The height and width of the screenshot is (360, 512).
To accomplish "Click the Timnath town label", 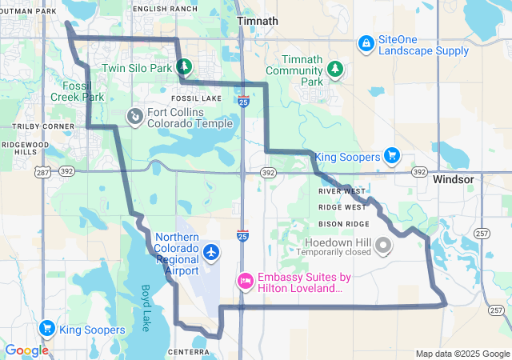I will click(x=258, y=22).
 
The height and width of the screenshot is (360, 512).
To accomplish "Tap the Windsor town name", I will click(x=454, y=179).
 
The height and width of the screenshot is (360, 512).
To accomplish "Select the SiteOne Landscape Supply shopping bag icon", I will click(x=366, y=42).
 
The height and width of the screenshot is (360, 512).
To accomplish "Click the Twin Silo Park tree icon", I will click(x=182, y=68).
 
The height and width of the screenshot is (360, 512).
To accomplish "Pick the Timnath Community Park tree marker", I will click(x=336, y=70).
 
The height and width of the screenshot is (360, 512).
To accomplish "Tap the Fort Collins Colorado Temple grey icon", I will click(x=135, y=117).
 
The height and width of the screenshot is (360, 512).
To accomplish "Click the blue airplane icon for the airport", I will click(x=211, y=253).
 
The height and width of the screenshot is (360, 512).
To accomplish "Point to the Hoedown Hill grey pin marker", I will click(x=383, y=245).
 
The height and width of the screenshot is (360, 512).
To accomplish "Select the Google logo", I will click(x=26, y=350).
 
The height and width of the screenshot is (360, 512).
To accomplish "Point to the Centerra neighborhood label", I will click(x=190, y=351).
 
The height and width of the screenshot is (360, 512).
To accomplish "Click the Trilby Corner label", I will click(x=38, y=126).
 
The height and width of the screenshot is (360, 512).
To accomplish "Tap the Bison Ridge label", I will click(x=344, y=223).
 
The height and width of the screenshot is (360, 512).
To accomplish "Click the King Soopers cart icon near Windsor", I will click(x=391, y=155).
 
